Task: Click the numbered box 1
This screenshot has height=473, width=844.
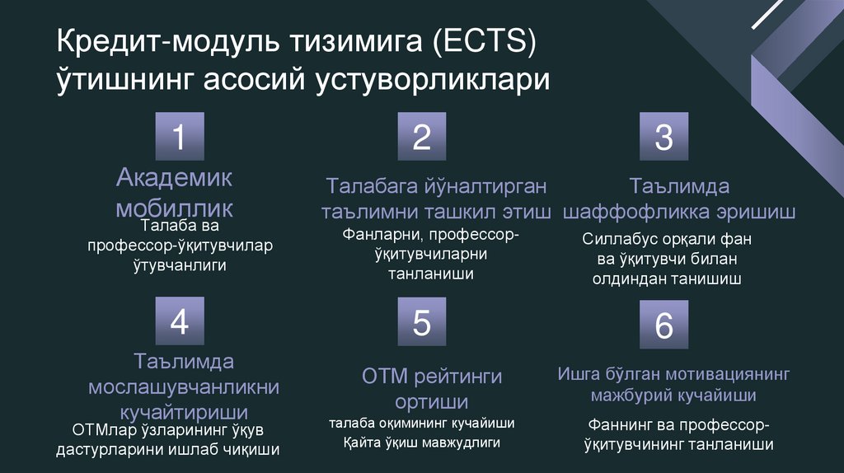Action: tap(179, 137)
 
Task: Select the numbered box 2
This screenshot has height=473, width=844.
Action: tap(421, 137)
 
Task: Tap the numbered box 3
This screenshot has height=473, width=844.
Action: tap(663, 137)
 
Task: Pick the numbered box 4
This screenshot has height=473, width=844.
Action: tap(179, 322)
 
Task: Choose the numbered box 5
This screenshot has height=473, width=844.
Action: tap(421, 322)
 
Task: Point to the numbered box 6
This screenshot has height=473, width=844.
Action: tap(663, 325)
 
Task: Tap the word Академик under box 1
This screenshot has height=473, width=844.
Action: tap(175, 176)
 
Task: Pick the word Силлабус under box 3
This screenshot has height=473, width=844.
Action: tap(619, 239)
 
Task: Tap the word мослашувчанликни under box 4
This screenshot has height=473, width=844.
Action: tap(184, 386)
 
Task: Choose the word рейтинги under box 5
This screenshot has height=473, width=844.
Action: tap(458, 377)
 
